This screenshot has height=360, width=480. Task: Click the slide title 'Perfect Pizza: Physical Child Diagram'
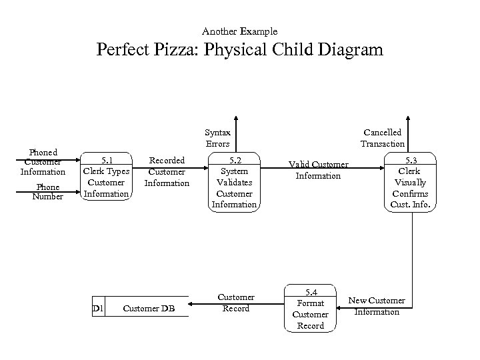coord(240,50)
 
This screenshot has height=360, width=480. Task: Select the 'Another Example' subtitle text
coord(240,31)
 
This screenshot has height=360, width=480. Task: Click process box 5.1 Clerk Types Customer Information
coord(106,177)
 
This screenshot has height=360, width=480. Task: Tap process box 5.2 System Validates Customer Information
coord(234,182)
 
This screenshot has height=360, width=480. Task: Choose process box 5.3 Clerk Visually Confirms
coord(411,181)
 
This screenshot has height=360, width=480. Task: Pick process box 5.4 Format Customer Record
coord(310,309)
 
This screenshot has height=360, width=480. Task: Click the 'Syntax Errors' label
coord(217,138)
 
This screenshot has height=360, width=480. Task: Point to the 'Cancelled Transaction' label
coord(382,138)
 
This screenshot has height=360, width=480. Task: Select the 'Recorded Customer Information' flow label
coord(167,171)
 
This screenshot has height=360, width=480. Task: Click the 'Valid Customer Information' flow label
coord(318,170)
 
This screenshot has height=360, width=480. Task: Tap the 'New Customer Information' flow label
coord(377,306)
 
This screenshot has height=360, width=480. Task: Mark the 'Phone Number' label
coord(48,192)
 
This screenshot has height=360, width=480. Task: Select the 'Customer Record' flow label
coord(236,303)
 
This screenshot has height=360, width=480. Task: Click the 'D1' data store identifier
coord(97,308)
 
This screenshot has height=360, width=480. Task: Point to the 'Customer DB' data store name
coord(148,308)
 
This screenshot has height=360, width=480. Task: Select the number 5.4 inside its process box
coord(311,292)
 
